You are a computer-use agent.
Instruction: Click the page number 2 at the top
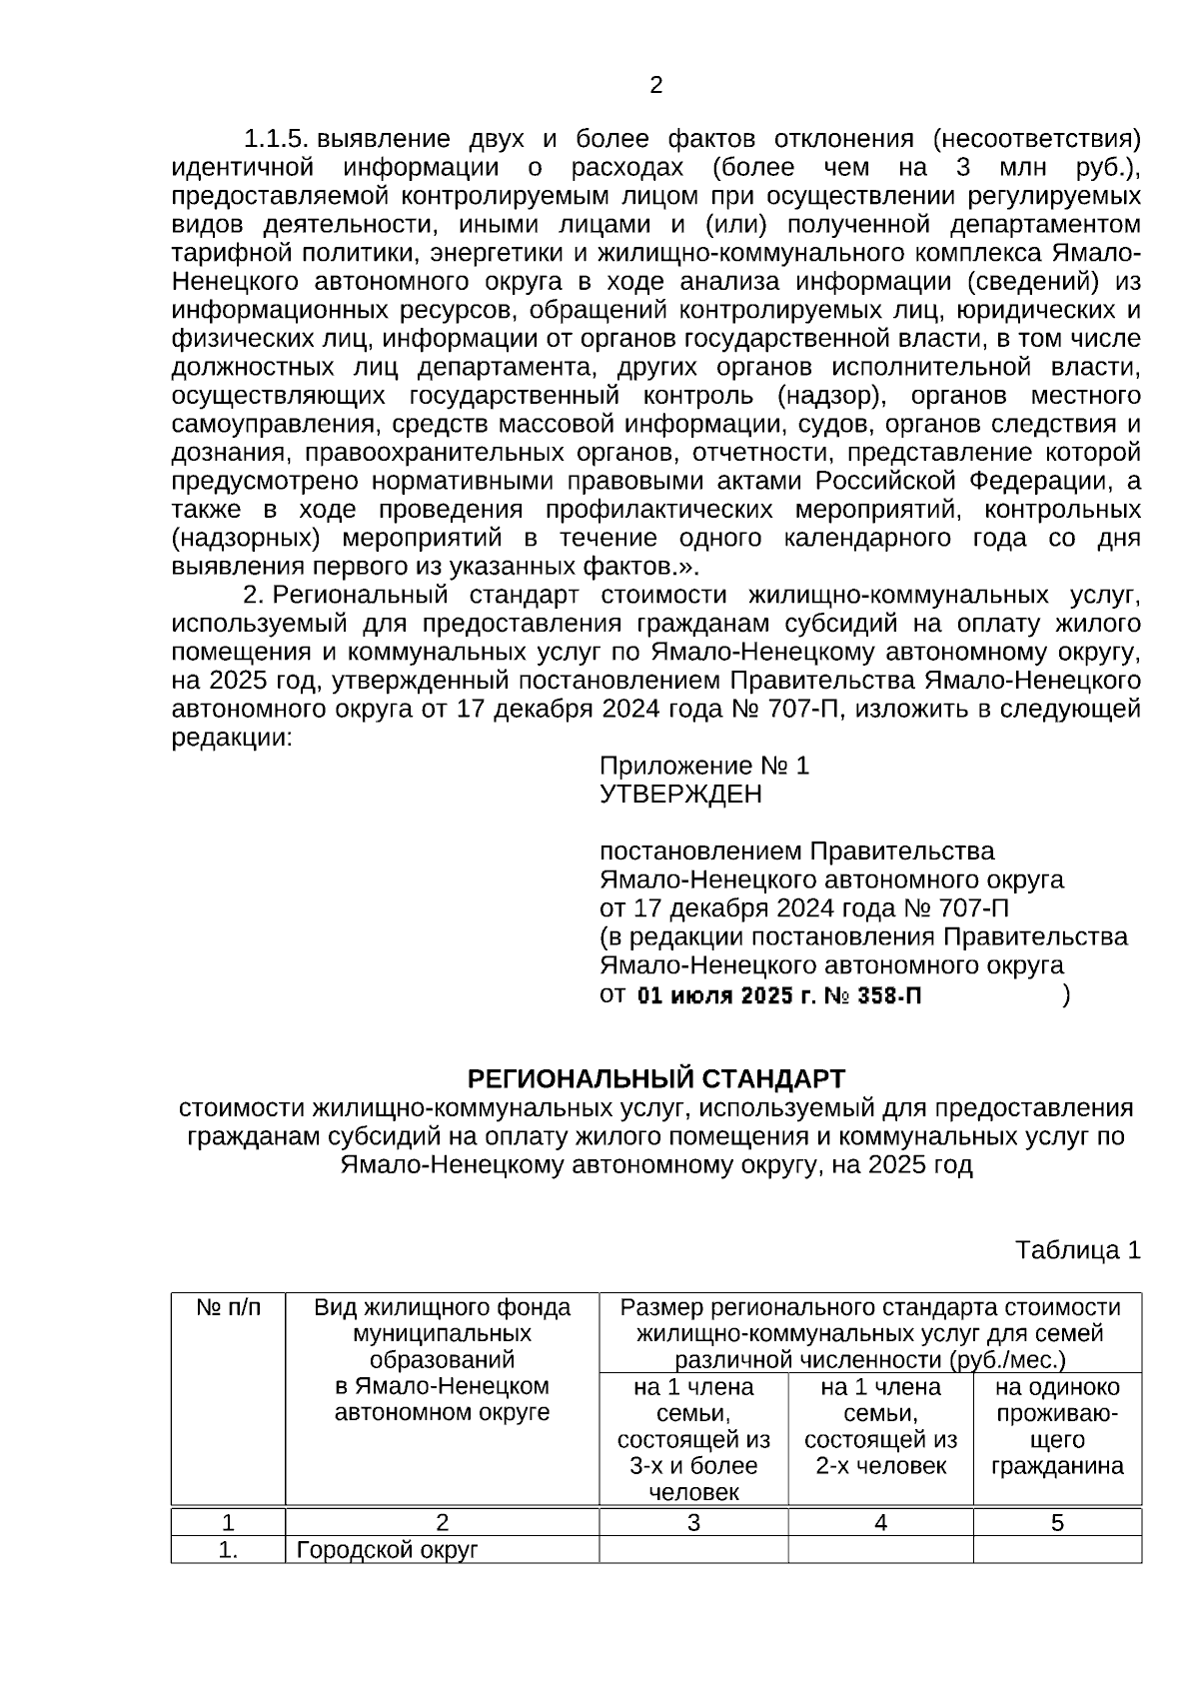[655, 86]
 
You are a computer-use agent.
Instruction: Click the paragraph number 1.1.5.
[278, 138]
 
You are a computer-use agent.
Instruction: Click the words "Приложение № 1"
[703, 766]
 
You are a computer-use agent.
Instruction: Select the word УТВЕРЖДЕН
[679, 795]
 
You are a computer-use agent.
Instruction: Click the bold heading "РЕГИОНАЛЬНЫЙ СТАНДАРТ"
[655, 1079]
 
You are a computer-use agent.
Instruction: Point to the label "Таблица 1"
[1077, 1250]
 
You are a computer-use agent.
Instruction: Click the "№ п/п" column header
[228, 1308]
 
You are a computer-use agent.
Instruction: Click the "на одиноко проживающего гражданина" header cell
[1057, 1426]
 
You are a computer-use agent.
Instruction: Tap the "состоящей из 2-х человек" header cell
[880, 1426]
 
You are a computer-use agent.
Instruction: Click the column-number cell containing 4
[880, 1523]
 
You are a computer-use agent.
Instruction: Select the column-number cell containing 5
[1057, 1523]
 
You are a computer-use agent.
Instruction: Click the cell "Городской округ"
[388, 1551]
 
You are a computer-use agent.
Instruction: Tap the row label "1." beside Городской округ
[228, 1551]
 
